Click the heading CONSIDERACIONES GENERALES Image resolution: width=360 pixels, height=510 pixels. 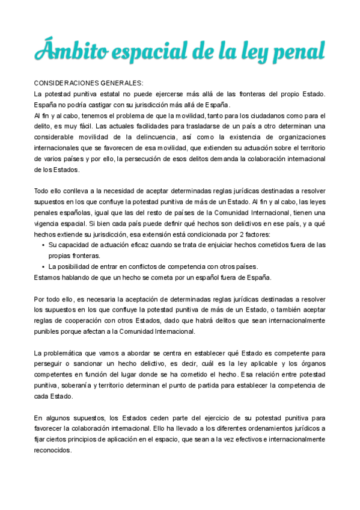tap(88, 83)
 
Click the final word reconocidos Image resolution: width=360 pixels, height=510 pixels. tap(52, 450)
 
